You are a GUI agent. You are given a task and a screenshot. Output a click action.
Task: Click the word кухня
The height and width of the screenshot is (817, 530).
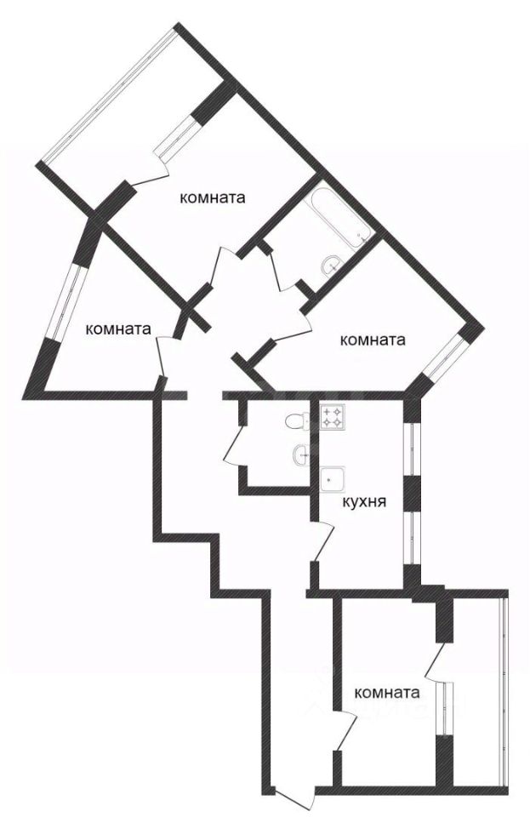tap(364, 502)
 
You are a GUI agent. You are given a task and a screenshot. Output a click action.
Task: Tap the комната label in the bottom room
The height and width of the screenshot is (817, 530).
tap(387, 693)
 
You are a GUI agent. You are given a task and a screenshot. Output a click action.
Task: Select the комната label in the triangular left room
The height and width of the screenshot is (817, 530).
tap(119, 328)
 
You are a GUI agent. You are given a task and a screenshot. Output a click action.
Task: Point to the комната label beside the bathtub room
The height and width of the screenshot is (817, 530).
tap(213, 197)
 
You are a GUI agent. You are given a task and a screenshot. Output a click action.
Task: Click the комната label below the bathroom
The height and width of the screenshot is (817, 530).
tap(372, 340)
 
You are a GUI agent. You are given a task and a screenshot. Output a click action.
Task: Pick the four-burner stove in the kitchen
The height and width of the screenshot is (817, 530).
tap(333, 417)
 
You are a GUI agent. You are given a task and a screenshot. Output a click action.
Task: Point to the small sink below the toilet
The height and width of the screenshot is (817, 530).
tap(301, 455)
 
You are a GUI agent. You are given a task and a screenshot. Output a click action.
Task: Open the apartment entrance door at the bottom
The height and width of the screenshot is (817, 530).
tap(293, 801)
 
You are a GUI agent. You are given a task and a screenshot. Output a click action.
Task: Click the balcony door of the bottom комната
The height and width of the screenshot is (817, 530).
tap(435, 664)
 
